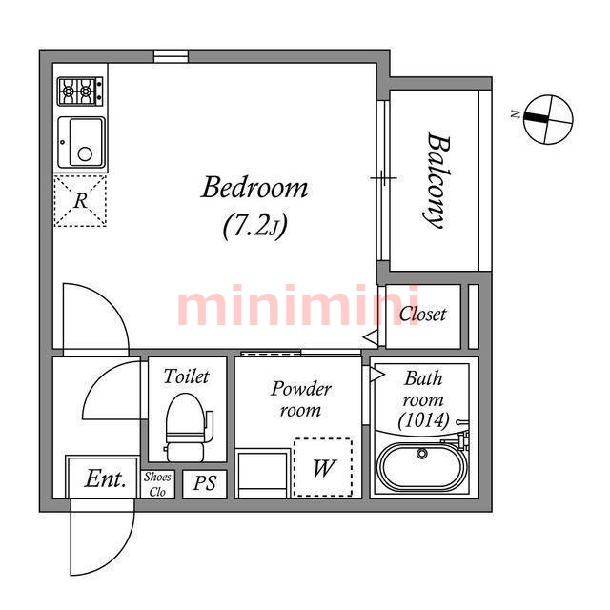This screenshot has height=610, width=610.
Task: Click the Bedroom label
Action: tap(254, 188)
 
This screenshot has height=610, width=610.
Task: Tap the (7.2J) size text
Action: tap(255, 226)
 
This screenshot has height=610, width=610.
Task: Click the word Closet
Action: tap(423, 315)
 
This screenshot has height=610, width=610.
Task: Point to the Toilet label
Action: tap(187, 376)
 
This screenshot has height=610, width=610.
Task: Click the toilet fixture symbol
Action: tap(189, 427)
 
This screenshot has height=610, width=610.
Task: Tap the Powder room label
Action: tap(301, 399)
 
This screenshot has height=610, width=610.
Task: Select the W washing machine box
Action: tap(323, 467)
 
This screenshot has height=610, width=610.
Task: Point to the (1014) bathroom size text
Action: tap(423, 420)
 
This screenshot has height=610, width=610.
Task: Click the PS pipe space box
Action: tap(205, 483)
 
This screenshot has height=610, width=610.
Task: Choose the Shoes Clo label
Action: tap(157, 484)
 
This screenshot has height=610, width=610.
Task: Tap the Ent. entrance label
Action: tap(106, 478)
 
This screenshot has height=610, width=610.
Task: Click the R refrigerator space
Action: tap(80, 201)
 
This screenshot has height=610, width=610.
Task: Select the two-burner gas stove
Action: tap(80, 91)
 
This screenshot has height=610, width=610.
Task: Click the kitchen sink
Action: tap(82, 142)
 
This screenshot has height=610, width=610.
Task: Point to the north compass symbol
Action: tap(548, 119)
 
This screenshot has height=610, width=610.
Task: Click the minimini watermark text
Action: tap(297, 305)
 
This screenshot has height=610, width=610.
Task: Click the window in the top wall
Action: tap(171, 56)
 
